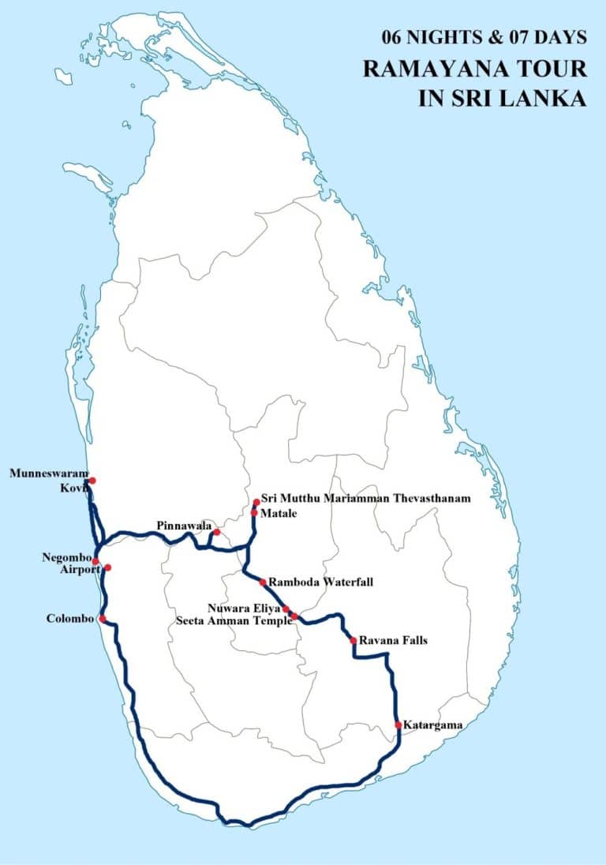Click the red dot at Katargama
(x=398, y=724)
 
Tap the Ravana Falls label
(x=393, y=641)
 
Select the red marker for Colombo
(x=103, y=619)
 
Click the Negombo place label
(x=67, y=557)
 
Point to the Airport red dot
(x=107, y=567)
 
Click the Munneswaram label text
(x=49, y=474)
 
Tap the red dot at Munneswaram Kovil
(x=92, y=480)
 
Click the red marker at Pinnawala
(x=217, y=532)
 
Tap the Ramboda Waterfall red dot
(x=262, y=582)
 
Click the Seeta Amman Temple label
(x=234, y=621)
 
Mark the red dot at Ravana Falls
(x=352, y=641)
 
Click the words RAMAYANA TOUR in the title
(x=474, y=69)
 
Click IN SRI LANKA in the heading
(x=503, y=99)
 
